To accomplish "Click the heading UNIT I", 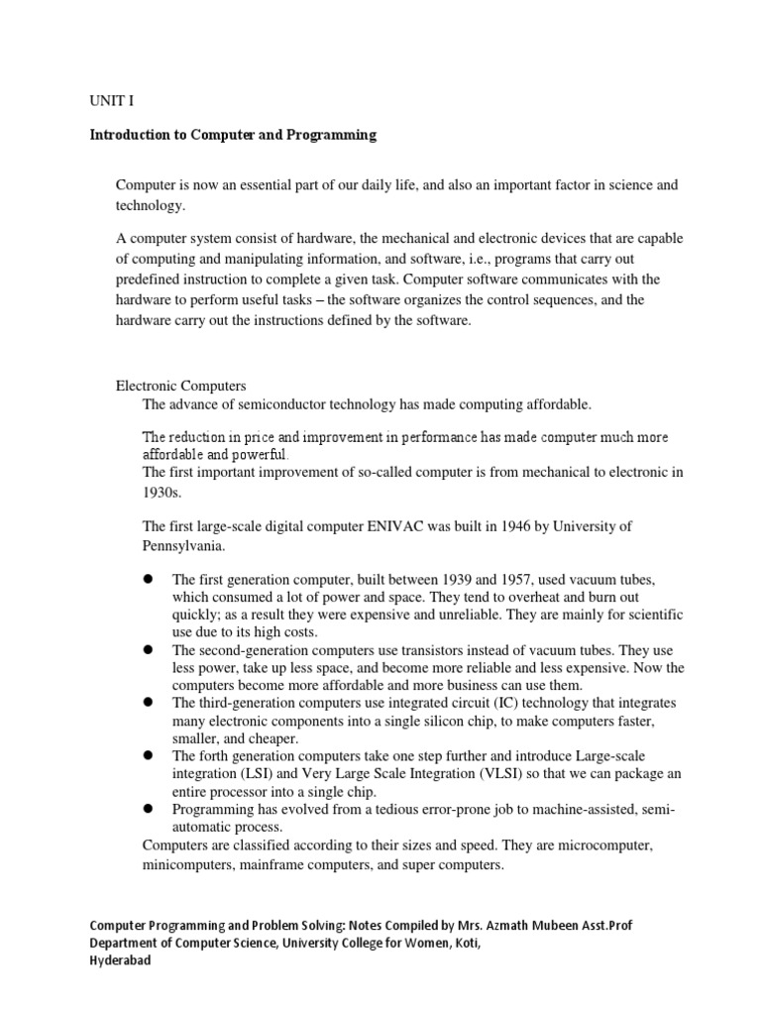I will [x=101, y=100].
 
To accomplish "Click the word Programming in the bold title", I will [x=331, y=135].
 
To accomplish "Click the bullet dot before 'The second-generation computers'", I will [x=147, y=650].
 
